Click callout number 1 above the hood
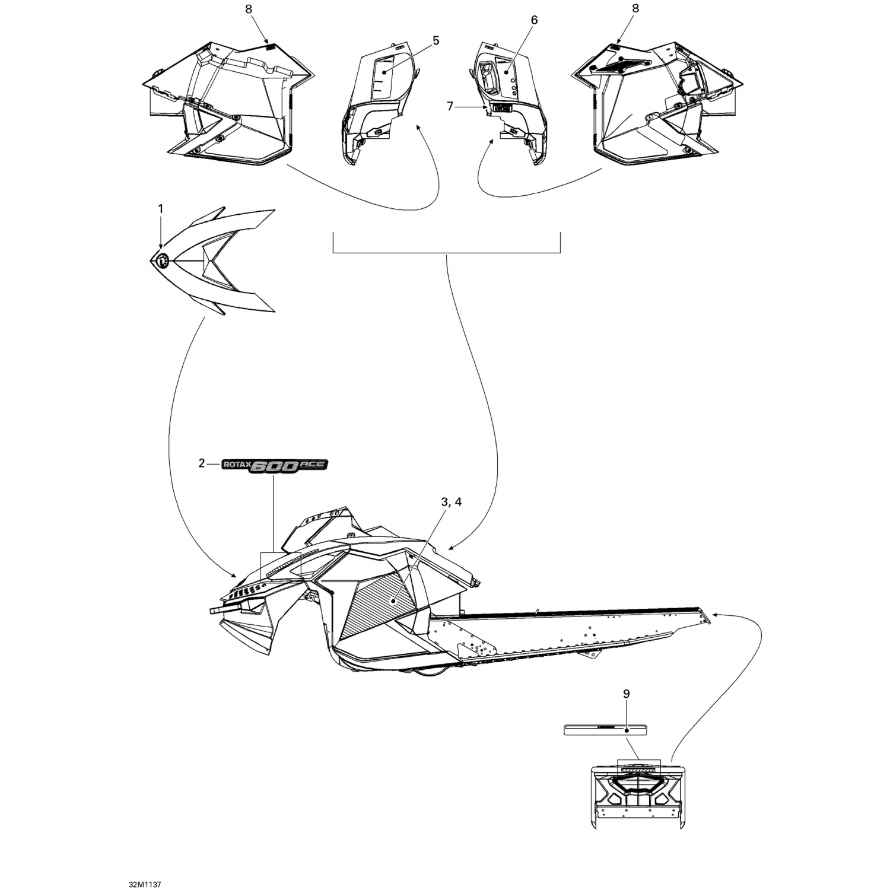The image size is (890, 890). (x=160, y=209)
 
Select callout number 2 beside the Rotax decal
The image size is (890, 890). (x=202, y=463)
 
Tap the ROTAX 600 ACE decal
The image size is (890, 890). (x=274, y=466)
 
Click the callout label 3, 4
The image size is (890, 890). (x=451, y=502)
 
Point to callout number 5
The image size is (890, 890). (x=436, y=40)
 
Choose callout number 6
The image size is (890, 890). (x=534, y=20)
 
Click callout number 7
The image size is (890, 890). (x=450, y=106)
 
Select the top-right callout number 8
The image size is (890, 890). (x=635, y=9)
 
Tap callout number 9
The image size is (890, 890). (x=627, y=694)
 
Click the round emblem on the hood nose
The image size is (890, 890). (x=161, y=259)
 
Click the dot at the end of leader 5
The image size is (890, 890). (x=383, y=72)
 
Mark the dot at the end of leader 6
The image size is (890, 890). (x=506, y=71)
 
